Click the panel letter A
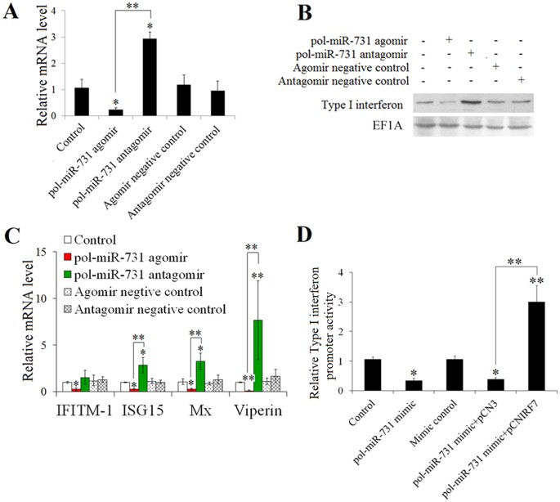click(11, 13)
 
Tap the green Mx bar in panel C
click(198, 372)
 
